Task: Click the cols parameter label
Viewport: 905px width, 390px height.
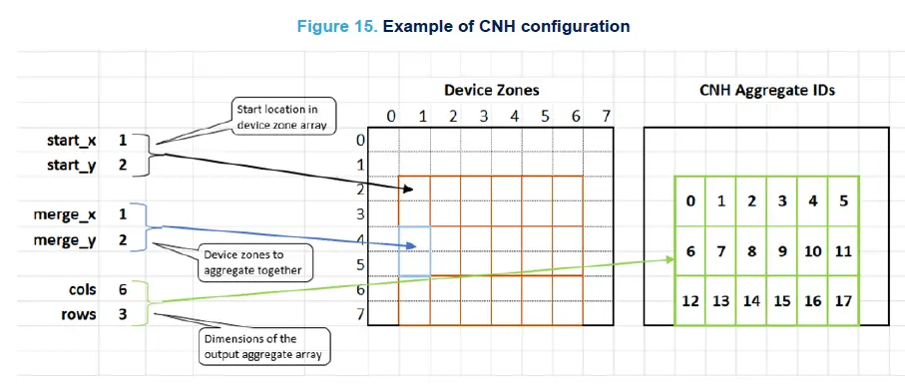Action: [82, 289]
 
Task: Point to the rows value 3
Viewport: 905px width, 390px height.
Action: [122, 314]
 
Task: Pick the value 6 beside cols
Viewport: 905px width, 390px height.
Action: [122, 289]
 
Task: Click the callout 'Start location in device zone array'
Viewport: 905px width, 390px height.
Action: [271, 116]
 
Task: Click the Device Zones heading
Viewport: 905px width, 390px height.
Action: [491, 91]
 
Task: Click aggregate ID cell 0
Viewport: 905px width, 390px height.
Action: [689, 201]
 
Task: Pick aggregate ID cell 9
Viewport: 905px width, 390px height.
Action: [781, 251]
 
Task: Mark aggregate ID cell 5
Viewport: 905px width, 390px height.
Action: [843, 201]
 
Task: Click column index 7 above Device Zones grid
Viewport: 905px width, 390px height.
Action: [607, 116]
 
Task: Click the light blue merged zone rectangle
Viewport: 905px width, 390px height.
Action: [414, 251]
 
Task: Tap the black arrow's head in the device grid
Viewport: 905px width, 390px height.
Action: [423, 187]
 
